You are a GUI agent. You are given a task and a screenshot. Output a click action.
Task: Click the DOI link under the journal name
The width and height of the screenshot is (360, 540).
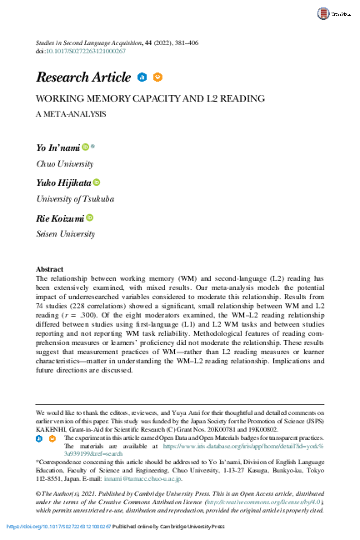coord(87,51)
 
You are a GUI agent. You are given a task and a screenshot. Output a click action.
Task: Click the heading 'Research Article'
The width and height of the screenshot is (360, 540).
coord(83,77)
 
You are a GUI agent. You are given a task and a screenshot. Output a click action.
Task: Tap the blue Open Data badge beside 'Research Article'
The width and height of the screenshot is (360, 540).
coord(142,77)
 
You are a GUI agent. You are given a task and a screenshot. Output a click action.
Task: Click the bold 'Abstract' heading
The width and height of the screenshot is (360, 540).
coord(50,270)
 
